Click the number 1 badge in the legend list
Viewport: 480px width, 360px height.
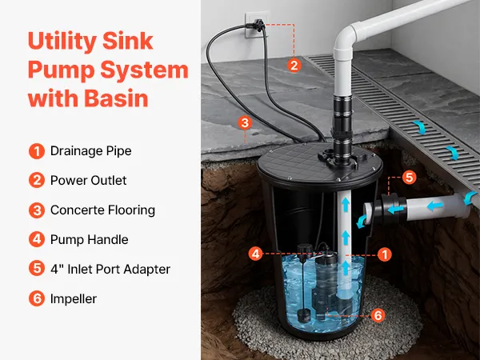click(x=37, y=151)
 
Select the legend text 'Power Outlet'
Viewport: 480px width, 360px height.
click(x=88, y=180)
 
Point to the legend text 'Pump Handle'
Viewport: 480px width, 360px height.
click(x=89, y=240)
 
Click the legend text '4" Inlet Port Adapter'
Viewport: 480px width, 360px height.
click(x=110, y=270)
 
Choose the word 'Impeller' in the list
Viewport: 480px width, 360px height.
click(x=74, y=298)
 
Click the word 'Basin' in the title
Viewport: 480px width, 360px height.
click(x=116, y=98)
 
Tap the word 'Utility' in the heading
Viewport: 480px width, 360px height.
click(x=62, y=41)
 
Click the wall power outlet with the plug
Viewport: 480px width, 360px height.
click(x=256, y=25)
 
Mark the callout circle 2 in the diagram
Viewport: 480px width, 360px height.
click(x=294, y=66)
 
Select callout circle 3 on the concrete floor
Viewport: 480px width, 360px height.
click(x=245, y=122)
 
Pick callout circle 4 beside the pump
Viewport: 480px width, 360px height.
click(x=256, y=254)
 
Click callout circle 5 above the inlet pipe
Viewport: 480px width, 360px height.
click(x=410, y=177)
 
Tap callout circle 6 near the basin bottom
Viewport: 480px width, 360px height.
click(x=378, y=315)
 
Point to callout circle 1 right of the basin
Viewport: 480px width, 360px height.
click(x=385, y=254)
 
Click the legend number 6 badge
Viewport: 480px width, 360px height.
click(x=37, y=298)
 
